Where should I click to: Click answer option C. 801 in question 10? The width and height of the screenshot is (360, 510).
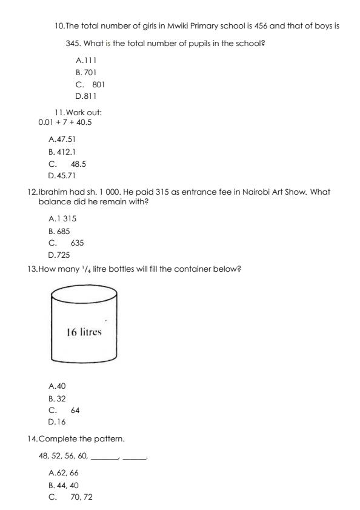pos(90,84)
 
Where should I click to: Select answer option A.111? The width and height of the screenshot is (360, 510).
pos(86,61)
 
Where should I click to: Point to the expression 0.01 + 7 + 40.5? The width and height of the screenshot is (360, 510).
pos(65,122)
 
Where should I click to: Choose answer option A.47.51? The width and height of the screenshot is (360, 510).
pos(62,139)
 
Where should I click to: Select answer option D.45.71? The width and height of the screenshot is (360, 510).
pos(62,175)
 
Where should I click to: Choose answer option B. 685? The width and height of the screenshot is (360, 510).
pos(59,231)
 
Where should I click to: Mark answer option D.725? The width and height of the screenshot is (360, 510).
pos(59,255)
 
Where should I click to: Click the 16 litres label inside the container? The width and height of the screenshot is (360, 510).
pos(84,332)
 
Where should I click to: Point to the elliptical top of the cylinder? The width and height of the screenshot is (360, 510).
pos(84,295)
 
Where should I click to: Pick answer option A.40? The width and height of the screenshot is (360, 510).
pos(56,386)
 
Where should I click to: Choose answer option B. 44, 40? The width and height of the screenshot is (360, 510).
pos(63,485)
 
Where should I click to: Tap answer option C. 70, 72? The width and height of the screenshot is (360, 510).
pos(70,497)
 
